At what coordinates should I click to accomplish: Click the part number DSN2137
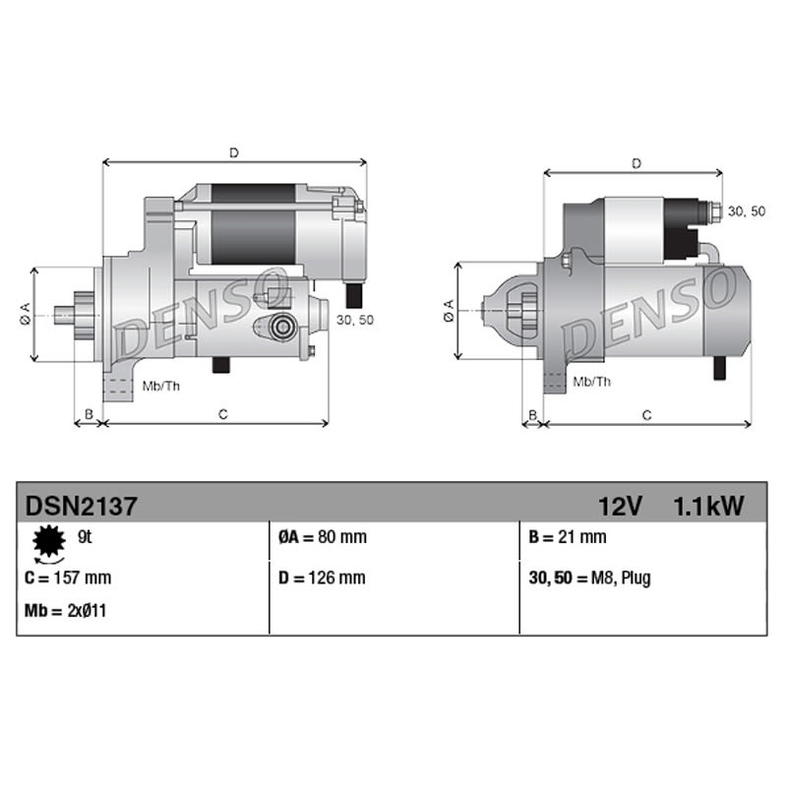click(x=81, y=506)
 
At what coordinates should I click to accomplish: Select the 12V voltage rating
click(x=620, y=506)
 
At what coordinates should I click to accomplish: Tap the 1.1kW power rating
click(x=708, y=506)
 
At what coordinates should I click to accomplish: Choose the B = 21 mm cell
click(x=568, y=538)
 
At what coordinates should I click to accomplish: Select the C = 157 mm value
click(x=67, y=578)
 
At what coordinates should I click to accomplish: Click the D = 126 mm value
click(x=322, y=578)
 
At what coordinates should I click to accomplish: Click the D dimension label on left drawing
click(x=234, y=152)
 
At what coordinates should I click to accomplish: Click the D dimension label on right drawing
click(x=636, y=163)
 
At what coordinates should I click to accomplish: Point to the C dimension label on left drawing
click(x=223, y=414)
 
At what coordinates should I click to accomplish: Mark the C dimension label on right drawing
click(x=646, y=415)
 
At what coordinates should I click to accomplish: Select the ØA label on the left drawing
click(x=25, y=314)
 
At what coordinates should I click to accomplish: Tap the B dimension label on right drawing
click(x=533, y=415)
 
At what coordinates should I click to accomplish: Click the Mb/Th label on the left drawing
click(x=160, y=385)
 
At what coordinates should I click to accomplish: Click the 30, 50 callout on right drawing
click(x=745, y=212)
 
